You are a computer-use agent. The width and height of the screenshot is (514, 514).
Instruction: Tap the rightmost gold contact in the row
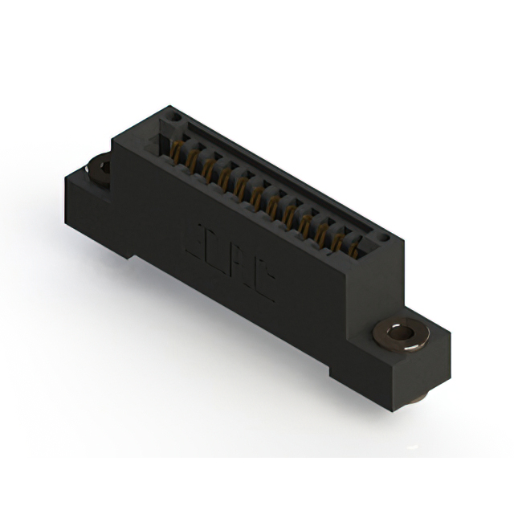coord(353,250)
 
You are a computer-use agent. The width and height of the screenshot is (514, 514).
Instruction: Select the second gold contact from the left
coord(191,160)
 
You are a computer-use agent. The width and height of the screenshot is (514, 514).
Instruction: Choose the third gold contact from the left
coord(207,169)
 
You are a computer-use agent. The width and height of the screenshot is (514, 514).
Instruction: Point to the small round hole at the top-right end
coord(385,239)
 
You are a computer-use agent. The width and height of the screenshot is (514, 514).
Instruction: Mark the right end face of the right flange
coord(437,362)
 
